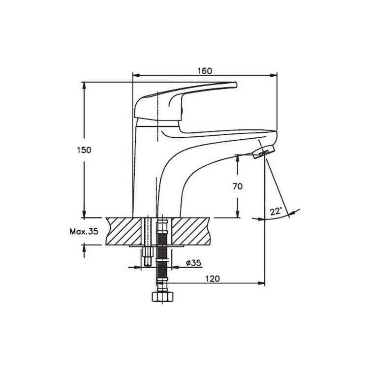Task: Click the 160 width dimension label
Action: [205, 71]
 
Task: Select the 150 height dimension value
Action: [84, 150]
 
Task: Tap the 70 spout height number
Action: [238, 186]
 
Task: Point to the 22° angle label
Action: [276, 212]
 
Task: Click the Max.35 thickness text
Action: [84, 232]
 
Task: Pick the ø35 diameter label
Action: [194, 263]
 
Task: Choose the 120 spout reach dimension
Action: [213, 278]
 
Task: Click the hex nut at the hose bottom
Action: [162, 297]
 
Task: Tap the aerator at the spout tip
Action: [263, 152]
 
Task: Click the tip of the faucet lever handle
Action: [236, 85]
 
